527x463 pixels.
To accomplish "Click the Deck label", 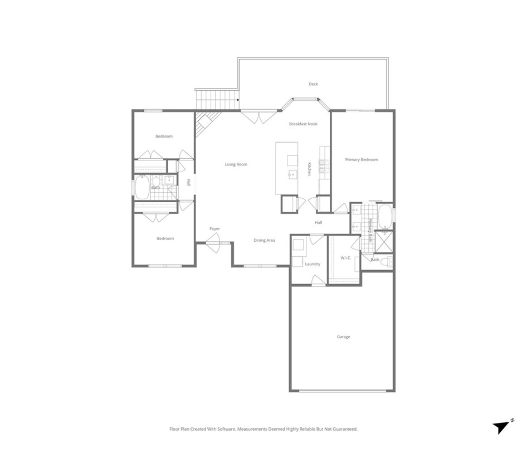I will click(314, 84).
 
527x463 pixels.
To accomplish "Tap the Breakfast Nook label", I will click(303, 124).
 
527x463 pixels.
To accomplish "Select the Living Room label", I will click(236, 164).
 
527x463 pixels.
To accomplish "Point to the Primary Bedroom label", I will click(361, 160).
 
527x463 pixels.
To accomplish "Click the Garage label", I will click(343, 337).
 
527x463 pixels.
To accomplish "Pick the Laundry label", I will click(313, 264).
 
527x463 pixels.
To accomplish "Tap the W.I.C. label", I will click(346, 257).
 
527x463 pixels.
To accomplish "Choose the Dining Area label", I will click(264, 240).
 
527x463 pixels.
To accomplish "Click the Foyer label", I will click(214, 229).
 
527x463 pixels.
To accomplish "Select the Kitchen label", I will click(310, 169).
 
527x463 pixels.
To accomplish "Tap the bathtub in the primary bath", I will click(385, 217).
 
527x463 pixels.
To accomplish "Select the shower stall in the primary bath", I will click(383, 240).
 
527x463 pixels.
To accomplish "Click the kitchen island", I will click(286, 168).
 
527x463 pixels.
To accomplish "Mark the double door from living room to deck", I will click(258, 116).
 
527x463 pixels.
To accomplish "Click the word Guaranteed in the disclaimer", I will click(343, 430).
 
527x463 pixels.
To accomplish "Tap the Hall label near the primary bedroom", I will click(318, 223).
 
